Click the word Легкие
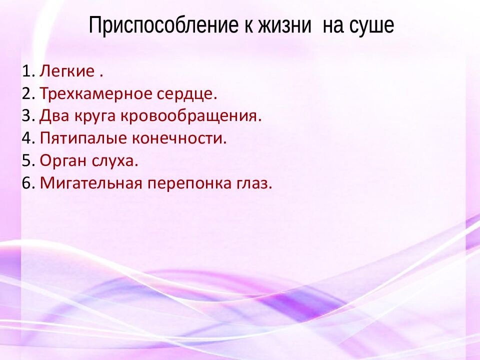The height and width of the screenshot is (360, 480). pos(67,71)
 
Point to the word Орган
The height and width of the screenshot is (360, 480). pos(60,161)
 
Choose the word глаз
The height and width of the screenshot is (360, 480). pos(254,183)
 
